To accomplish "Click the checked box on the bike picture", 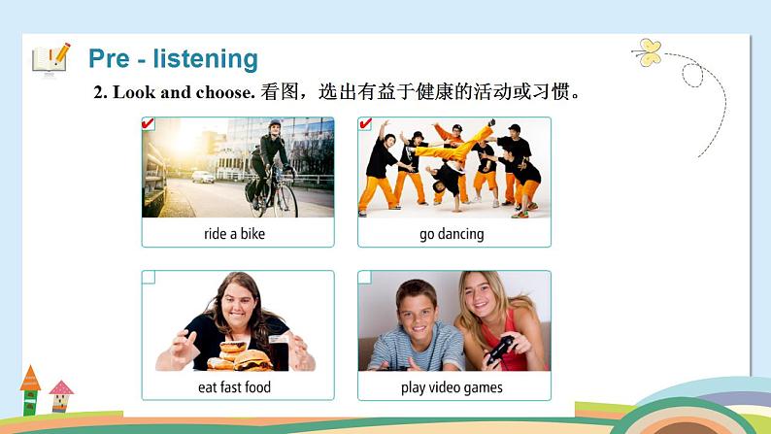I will pos(149,123).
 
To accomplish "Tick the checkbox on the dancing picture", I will pos(365,123).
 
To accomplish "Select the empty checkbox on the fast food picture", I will pos(149,278).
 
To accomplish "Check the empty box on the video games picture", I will pos(365,278).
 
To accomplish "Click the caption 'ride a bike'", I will pos(234,234).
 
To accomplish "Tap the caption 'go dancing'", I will pos(452,234).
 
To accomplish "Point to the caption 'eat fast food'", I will pos(234,387).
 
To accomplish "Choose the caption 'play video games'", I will pos(452,387).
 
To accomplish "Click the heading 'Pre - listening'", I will pos(173,58).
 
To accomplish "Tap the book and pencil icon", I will pos(50,57).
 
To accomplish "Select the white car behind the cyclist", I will pos(203,177).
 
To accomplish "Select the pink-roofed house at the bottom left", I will pos(61,394).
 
